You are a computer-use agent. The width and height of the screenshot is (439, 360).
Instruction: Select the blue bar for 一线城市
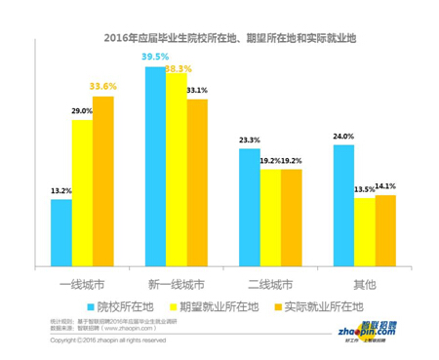pyautogui.click(x=61, y=231)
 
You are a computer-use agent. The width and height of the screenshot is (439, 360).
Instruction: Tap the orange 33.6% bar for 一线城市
pyautogui.click(x=102, y=180)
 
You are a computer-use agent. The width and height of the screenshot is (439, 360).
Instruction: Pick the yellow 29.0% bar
pyautogui.click(x=82, y=191)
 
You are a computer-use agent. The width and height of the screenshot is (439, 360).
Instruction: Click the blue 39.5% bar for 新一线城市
pyautogui.click(x=155, y=165)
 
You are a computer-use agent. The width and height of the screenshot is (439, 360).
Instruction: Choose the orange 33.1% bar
pyautogui.click(x=196, y=181)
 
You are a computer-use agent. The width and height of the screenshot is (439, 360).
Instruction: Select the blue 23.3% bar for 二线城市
pyautogui.click(x=249, y=206)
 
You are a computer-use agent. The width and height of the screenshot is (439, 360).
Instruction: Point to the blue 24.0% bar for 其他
pyautogui.click(x=342, y=204)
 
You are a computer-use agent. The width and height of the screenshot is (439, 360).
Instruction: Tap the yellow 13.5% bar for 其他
pyautogui.click(x=363, y=230)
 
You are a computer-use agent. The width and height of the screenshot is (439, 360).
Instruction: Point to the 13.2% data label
pyautogui.click(x=60, y=190)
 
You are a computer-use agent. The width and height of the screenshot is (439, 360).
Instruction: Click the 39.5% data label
pyautogui.click(x=156, y=59)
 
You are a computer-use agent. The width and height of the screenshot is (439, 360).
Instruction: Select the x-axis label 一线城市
pyautogui.click(x=82, y=285)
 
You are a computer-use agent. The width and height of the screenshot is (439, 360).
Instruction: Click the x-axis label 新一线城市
pyautogui.click(x=176, y=285)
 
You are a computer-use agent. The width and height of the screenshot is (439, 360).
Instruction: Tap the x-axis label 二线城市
pyautogui.click(x=269, y=285)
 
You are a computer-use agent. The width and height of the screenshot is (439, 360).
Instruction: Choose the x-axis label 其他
pyautogui.click(x=363, y=285)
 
